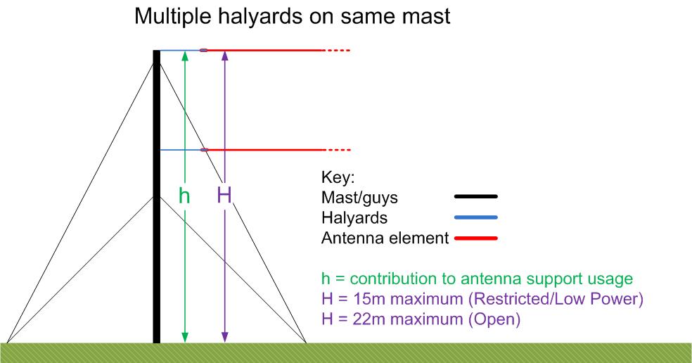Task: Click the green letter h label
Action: [x=184, y=195]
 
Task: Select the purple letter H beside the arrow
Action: [x=224, y=195]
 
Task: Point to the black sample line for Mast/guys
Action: [x=475, y=196]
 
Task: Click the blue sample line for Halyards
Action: [x=475, y=217]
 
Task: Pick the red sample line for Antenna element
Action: [x=475, y=238]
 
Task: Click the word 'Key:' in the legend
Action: [x=338, y=177]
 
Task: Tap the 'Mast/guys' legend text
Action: [x=359, y=198]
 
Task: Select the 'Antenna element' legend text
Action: [x=385, y=238]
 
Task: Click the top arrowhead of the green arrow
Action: [x=185, y=56]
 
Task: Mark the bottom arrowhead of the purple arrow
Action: [x=224, y=338]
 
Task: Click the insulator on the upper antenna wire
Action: [x=203, y=51]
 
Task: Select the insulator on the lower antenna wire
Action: [x=204, y=150]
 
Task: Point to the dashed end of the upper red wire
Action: [x=338, y=51]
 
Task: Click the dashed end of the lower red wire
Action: [x=338, y=150]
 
